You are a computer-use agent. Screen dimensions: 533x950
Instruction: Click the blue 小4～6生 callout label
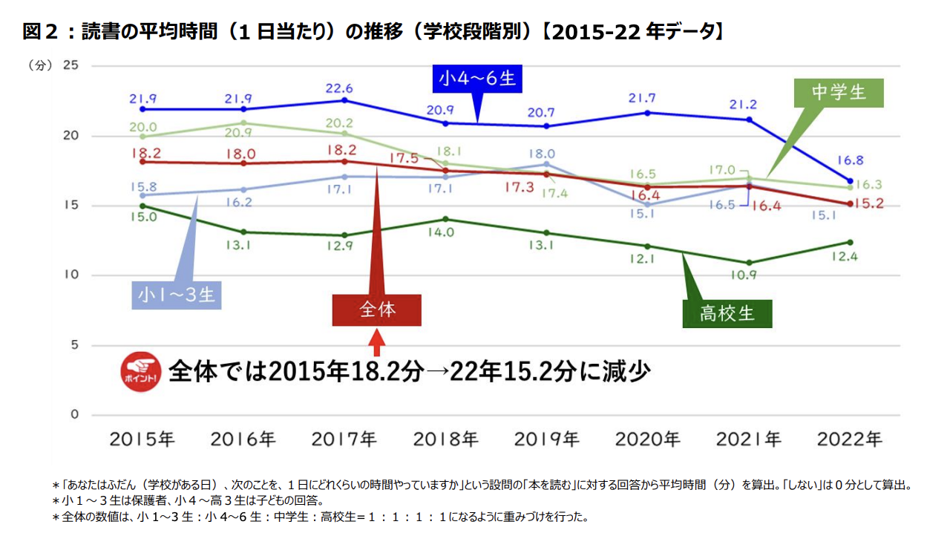(x=476, y=78)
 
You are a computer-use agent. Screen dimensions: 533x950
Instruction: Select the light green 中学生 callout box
(x=839, y=92)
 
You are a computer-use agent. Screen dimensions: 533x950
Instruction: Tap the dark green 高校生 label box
(x=727, y=313)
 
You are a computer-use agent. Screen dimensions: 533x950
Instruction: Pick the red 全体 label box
(x=377, y=310)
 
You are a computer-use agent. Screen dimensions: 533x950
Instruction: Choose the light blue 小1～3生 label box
(x=176, y=295)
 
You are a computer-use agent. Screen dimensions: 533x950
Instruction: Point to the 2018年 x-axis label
(x=445, y=439)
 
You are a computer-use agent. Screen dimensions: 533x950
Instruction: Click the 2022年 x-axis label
(x=850, y=439)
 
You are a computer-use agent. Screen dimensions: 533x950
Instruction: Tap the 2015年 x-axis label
(x=142, y=439)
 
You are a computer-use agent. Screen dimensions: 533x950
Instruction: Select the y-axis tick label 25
(x=71, y=66)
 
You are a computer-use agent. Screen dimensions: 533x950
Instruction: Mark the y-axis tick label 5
(x=74, y=345)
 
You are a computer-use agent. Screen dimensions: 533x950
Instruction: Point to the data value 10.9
(x=748, y=275)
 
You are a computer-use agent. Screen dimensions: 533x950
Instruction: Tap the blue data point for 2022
(x=850, y=180)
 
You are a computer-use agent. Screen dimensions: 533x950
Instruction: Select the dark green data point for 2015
(x=142, y=206)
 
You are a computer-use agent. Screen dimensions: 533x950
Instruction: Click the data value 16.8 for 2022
(x=850, y=160)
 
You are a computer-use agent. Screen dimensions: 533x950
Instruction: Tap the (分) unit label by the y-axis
(x=40, y=66)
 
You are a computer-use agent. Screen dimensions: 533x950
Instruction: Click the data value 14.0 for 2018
(x=445, y=232)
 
